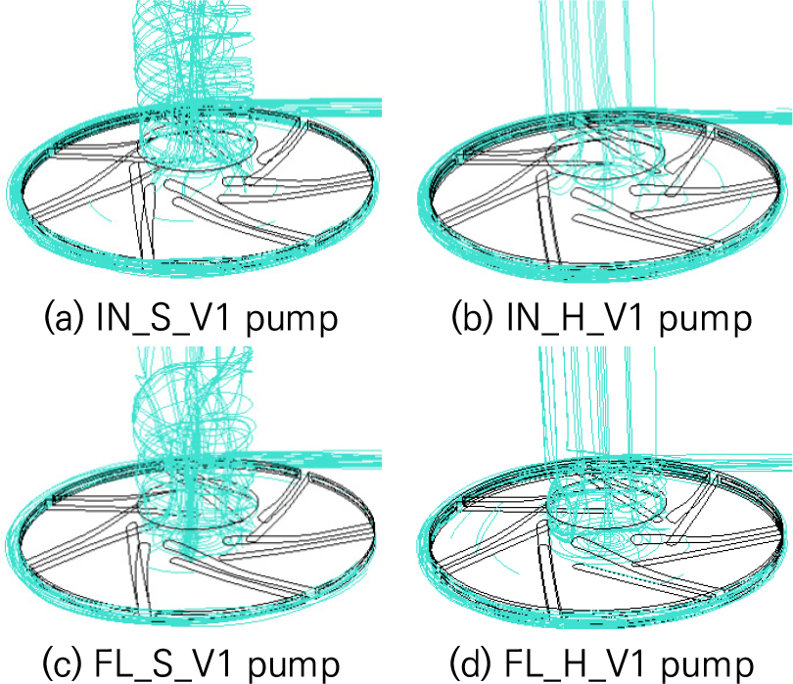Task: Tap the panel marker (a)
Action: pos(63,319)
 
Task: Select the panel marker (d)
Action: pos(472,663)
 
